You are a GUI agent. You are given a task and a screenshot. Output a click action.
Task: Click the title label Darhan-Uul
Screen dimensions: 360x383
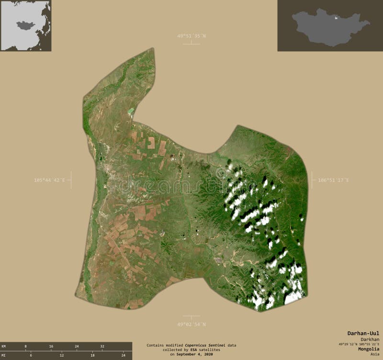click(363, 333)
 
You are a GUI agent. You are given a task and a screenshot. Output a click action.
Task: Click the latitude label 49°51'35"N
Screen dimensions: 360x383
click(191, 36)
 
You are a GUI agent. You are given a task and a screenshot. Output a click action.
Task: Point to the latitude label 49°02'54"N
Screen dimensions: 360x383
click(191, 324)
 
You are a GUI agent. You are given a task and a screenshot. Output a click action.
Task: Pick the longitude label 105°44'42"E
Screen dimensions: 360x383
click(49, 180)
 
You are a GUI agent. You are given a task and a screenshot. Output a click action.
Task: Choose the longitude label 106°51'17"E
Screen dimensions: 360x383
click(334, 180)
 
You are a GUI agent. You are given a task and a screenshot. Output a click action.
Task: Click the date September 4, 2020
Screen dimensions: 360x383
click(194, 354)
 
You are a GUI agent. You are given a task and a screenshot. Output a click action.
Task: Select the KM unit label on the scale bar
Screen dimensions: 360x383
click(4, 346)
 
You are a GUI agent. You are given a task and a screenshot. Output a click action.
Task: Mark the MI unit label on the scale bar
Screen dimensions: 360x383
click(4, 355)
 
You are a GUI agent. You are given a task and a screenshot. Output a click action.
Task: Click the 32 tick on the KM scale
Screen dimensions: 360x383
click(102, 346)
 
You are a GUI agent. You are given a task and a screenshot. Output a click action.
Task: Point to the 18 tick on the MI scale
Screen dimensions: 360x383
click(92, 355)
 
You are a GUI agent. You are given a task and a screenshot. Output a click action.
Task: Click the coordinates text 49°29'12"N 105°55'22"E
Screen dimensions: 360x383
click(359, 344)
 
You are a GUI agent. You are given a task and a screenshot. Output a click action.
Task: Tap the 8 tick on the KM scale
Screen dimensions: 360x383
click(25, 346)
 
